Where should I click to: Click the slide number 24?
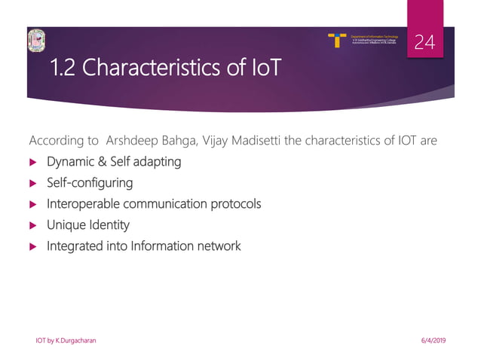pyautogui.click(x=425, y=44)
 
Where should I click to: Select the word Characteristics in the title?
pyautogui.click(x=155, y=71)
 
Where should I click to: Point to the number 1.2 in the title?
pyautogui.click(x=65, y=71)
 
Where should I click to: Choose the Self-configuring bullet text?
pyautogui.click(x=90, y=182)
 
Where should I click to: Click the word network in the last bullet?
pyautogui.click(x=217, y=246)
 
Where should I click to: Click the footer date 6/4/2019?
pyautogui.click(x=431, y=341)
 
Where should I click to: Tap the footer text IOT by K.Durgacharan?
pyautogui.click(x=66, y=341)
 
